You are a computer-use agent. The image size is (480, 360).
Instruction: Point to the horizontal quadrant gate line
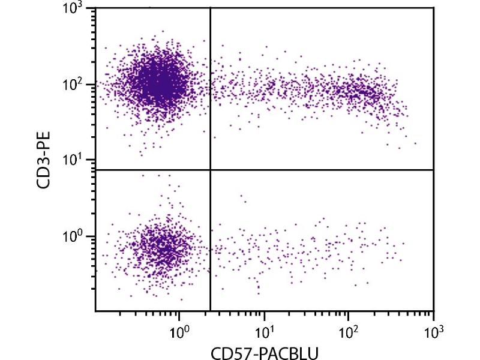[x=324, y=170]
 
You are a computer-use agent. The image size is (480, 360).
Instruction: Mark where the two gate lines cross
[x=210, y=170]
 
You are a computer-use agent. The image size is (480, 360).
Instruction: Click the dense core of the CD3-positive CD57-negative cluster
[x=159, y=83]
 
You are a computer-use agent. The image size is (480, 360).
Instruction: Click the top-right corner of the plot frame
[x=433, y=8]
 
